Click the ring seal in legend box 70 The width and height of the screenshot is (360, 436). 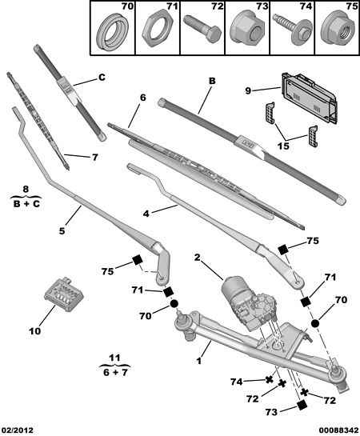(113, 32)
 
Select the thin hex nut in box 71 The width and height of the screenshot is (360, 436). (157, 29)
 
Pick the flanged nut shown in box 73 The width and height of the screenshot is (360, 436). (247, 29)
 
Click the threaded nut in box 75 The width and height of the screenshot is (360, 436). (338, 28)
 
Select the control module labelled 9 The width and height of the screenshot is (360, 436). (310, 98)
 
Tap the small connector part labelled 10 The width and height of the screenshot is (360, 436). (64, 294)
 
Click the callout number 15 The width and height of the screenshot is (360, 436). (284, 146)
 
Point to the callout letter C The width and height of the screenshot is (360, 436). (102, 77)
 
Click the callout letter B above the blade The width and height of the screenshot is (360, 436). (212, 81)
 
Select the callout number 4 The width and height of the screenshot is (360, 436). (146, 214)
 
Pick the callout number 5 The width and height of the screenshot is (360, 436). (62, 230)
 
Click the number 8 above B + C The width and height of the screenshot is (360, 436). (26, 190)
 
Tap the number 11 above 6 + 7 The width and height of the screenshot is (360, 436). (114, 358)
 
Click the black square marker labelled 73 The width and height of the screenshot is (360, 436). (302, 406)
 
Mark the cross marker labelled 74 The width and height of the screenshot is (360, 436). (269, 380)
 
